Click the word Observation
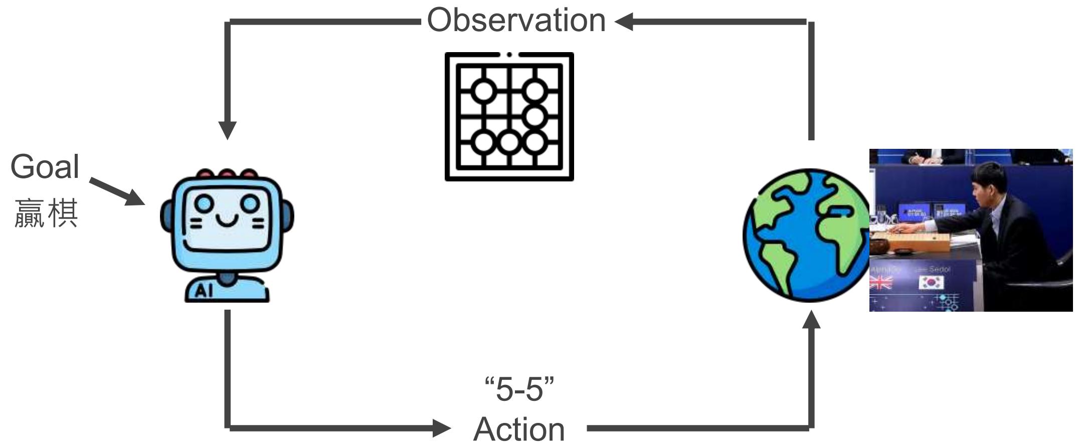pyautogui.click(x=516, y=21)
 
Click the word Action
pyautogui.click(x=519, y=429)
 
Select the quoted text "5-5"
pyautogui.click(x=519, y=389)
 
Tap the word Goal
pyautogui.click(x=45, y=167)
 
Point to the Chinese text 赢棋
pyautogui.click(x=46, y=213)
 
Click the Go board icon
pyautogui.click(x=509, y=116)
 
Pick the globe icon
pyautogui.click(x=806, y=236)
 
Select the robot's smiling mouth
pyautogui.click(x=227, y=220)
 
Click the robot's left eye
pyautogui.click(x=204, y=203)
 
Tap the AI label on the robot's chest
pyautogui.click(x=204, y=291)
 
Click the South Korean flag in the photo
pyautogui.click(x=931, y=283)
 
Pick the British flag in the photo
pyautogui.click(x=880, y=283)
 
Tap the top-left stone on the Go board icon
pyautogui.click(x=484, y=91)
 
